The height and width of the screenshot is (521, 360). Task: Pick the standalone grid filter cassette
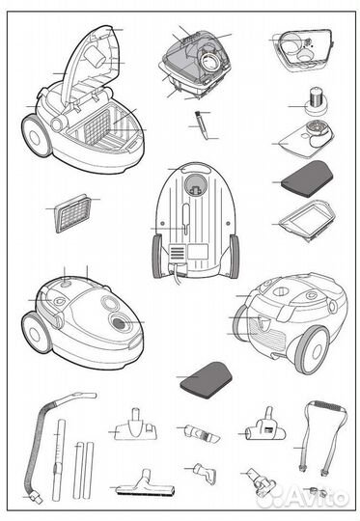(x=72, y=213)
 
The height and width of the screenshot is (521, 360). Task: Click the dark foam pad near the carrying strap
(x=207, y=380)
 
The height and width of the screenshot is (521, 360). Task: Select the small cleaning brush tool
(x=202, y=125)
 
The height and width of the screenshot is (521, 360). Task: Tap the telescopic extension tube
(x=58, y=460)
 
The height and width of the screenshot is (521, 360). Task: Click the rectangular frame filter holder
(x=307, y=218)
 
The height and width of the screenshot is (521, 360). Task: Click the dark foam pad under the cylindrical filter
(x=307, y=178)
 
